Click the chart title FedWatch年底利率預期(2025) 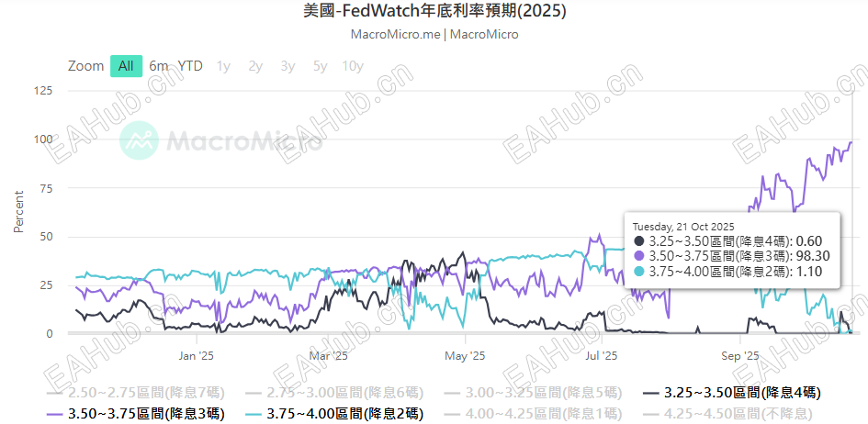(434, 12)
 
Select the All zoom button (126, 66)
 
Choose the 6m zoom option (159, 66)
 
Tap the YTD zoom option (190, 66)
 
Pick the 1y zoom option (223, 66)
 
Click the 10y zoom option (352, 66)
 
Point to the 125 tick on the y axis (43, 90)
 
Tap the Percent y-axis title (18, 212)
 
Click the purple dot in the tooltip (638, 256)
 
